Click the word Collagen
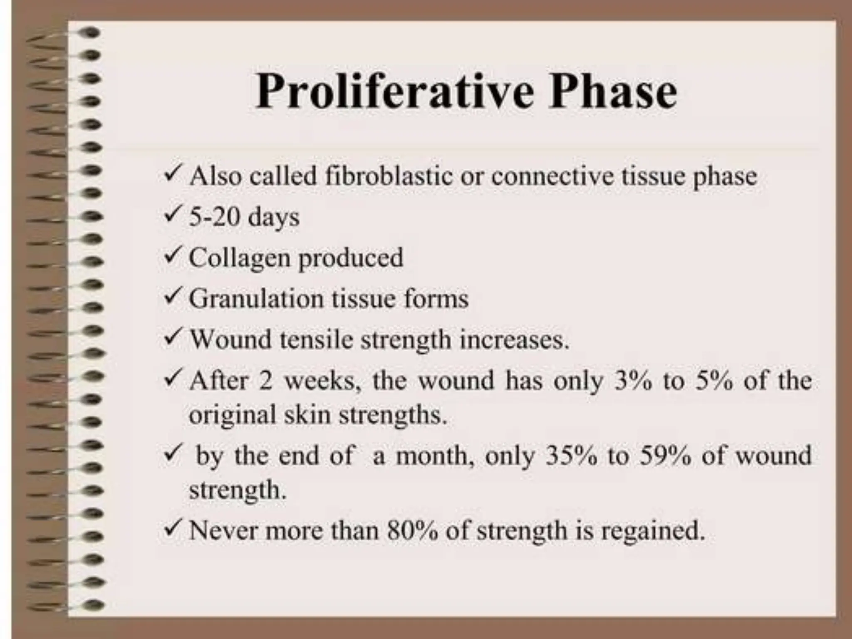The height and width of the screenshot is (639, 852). [x=239, y=258]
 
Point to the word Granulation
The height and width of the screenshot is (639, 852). [x=256, y=299]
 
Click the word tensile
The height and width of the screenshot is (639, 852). [x=316, y=339]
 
